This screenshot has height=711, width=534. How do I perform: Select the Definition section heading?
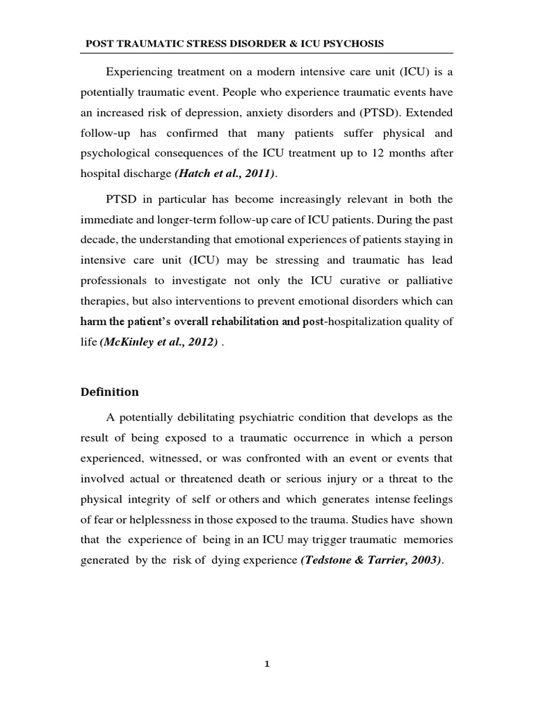(x=108, y=392)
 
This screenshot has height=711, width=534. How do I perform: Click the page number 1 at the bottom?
(x=266, y=664)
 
